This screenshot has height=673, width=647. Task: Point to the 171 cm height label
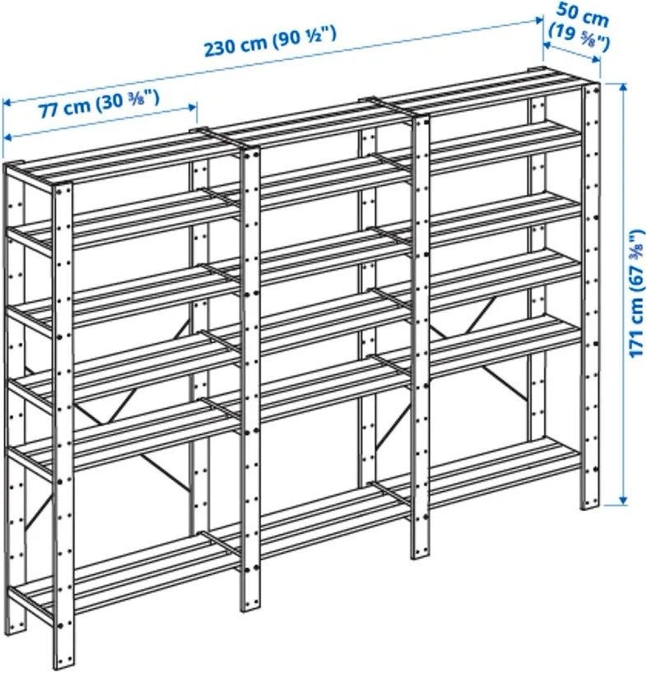[637, 294]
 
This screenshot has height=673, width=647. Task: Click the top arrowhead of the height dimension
[623, 87]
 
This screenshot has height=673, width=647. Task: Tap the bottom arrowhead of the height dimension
[623, 500]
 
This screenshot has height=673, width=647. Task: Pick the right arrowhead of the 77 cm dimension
[193, 107]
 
